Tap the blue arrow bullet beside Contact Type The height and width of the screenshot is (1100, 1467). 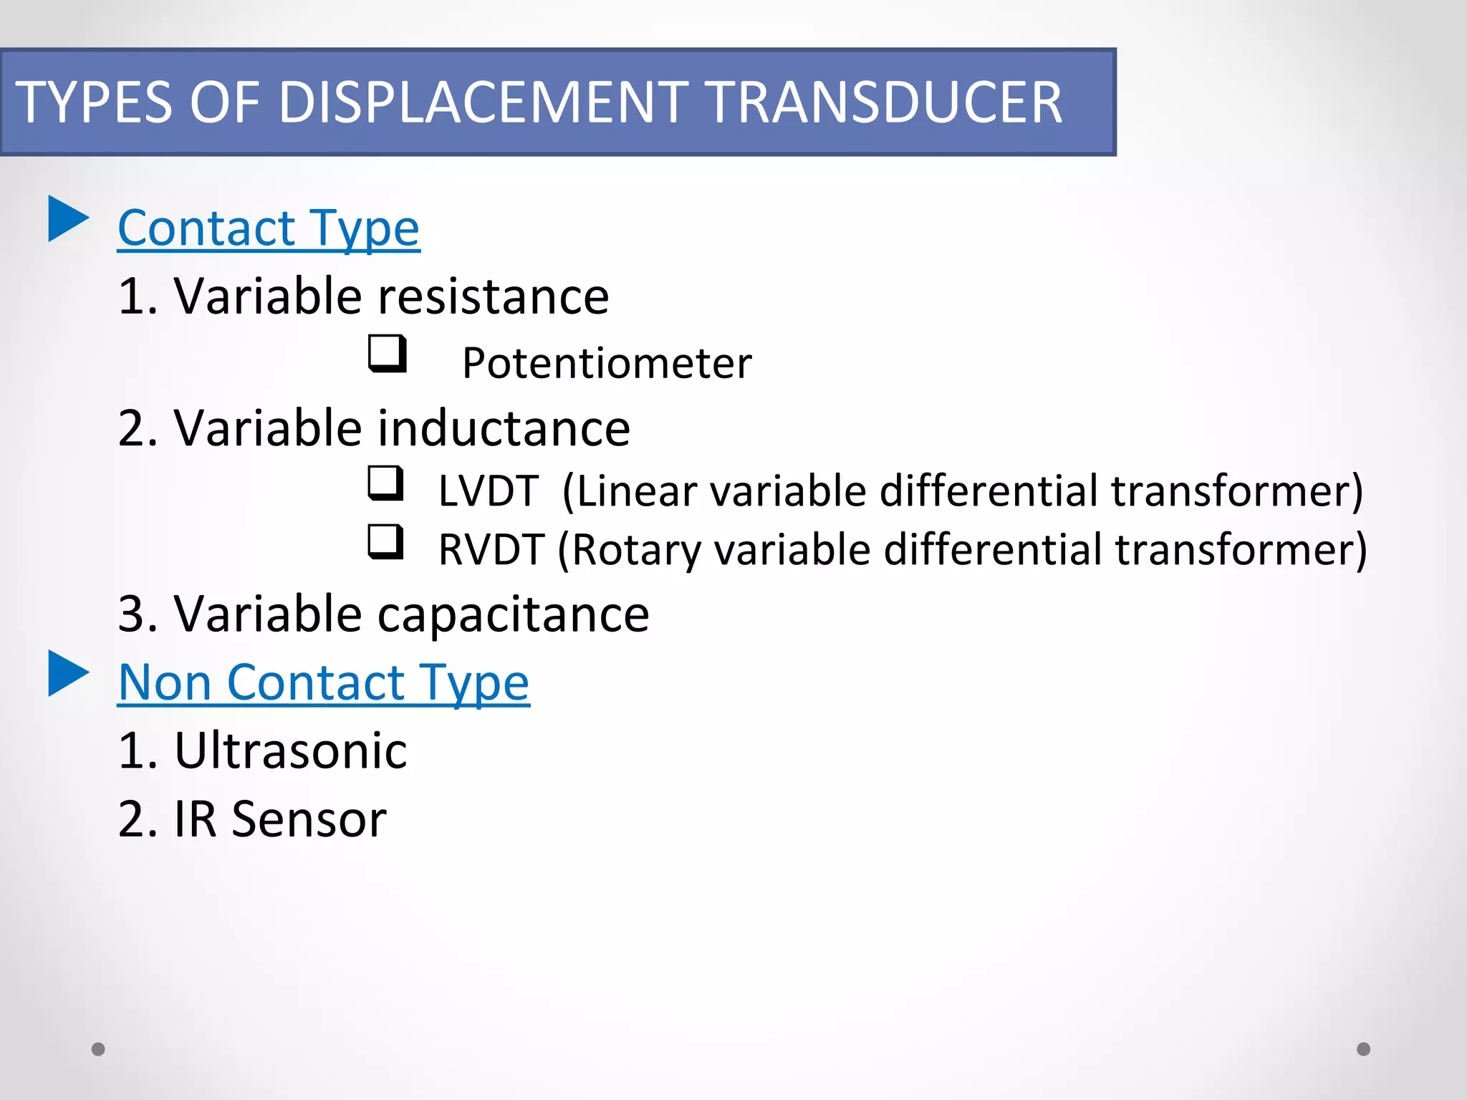[68, 218]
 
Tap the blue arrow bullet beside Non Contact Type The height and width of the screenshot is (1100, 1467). [68, 673]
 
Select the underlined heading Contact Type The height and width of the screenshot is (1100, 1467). [269, 228]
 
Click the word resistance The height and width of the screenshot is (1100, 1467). [493, 296]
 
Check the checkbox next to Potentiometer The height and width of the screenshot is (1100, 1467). [387, 354]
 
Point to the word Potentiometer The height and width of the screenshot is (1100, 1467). [607, 363]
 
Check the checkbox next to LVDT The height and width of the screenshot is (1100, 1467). [385, 483]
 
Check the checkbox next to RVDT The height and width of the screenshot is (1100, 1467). [385, 541]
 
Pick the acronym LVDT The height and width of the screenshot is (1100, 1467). [488, 491]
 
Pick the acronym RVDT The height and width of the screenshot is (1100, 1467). [491, 550]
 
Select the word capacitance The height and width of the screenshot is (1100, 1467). [513, 614]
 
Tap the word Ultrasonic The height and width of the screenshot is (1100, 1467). [291, 751]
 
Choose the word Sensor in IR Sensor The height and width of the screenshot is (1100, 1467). [309, 819]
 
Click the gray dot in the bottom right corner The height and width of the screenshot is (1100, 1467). [1364, 1049]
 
